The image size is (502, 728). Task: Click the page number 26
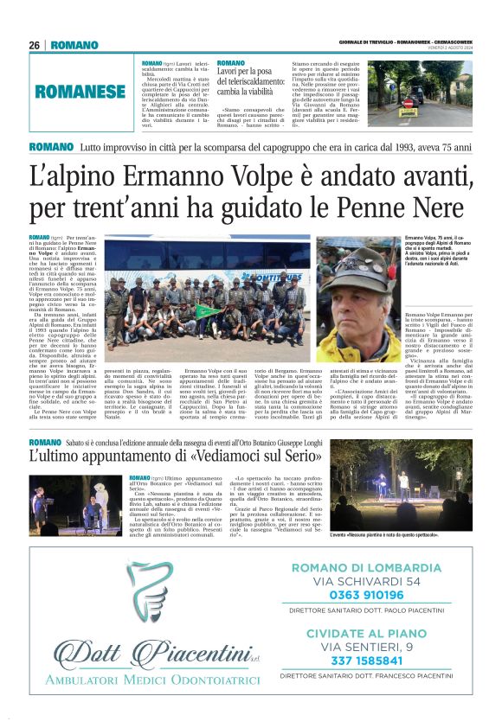tap(35, 45)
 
